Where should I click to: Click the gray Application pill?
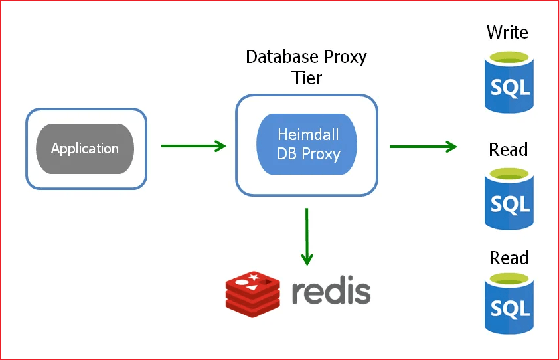pos(85,149)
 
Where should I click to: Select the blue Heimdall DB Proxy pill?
pos(307,144)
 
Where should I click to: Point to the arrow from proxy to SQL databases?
pos(423,146)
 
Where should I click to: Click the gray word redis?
pos(331,291)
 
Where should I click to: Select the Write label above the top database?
pos(508,31)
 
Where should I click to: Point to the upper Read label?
pos(509,150)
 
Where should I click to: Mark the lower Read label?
pos(509,258)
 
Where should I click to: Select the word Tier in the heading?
pos(307,78)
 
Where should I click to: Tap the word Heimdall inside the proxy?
pos(308,134)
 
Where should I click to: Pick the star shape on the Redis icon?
pos(252,276)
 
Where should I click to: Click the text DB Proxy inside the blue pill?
pos(308,154)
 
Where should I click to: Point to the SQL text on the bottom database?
pos(509,308)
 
